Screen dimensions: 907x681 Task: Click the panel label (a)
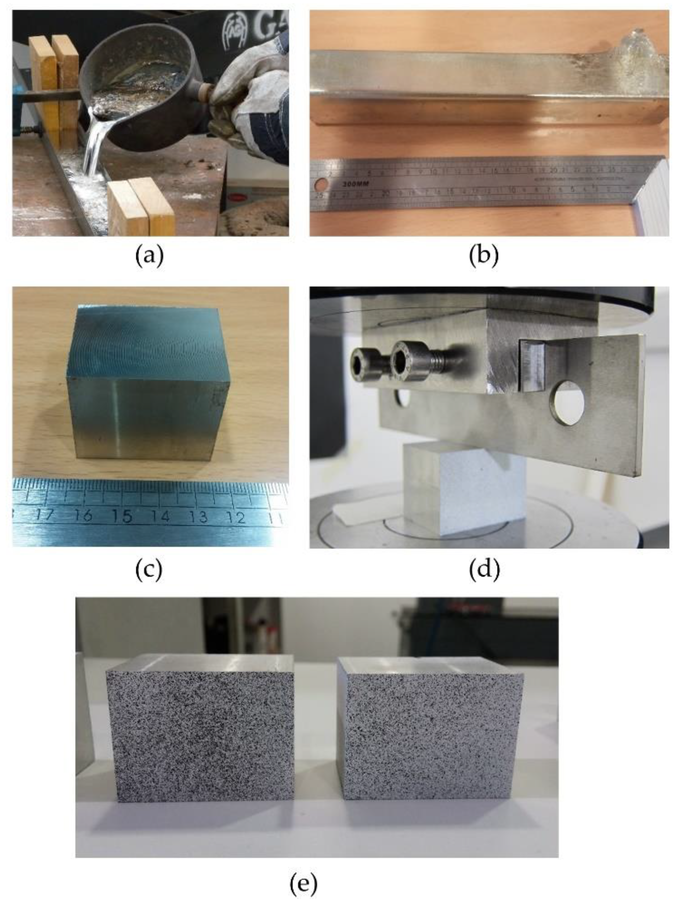149,255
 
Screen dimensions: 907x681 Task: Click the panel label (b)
484,255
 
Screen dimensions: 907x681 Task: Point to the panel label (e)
303,884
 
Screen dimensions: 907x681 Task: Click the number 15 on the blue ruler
122,516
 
